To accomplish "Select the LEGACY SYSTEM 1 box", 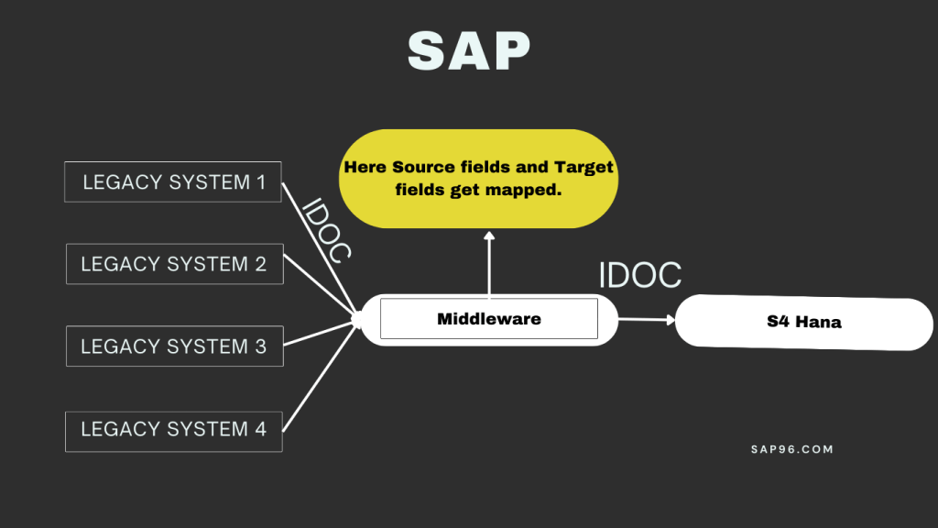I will (173, 181).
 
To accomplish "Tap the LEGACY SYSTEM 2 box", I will (174, 264).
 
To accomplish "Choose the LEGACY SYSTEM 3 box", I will (174, 346).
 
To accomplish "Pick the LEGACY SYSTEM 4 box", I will (173, 430).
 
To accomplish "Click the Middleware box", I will (488, 319).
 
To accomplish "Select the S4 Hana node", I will (803, 322).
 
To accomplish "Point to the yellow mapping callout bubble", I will (478, 179).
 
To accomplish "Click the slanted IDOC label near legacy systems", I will (326, 230).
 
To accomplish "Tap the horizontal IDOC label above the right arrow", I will (639, 275).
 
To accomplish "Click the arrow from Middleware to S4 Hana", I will (646, 320).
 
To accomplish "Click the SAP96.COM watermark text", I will (791, 449).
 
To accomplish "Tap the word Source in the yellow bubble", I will (425, 168).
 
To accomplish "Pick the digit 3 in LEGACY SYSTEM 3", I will (260, 346).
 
